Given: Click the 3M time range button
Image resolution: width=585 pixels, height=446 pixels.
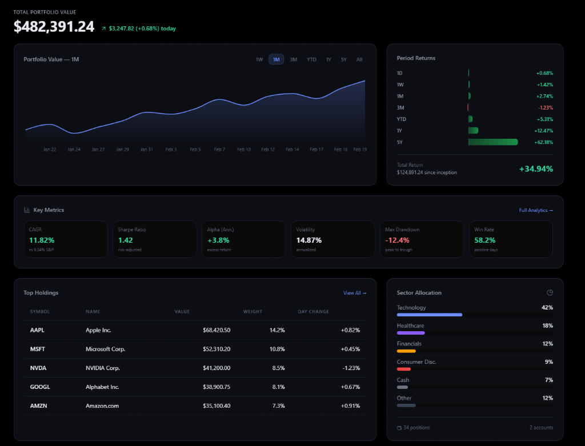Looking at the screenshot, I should pyautogui.click(x=293, y=59).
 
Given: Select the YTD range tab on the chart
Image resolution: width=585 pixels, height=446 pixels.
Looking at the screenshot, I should pyautogui.click(x=311, y=59).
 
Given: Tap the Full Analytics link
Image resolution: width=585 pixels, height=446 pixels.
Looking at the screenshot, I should pyautogui.click(x=536, y=210).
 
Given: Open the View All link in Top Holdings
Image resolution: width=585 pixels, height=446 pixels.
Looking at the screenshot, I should pyautogui.click(x=354, y=293).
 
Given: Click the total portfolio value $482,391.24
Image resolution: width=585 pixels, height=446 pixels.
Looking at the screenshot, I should pyautogui.click(x=54, y=26).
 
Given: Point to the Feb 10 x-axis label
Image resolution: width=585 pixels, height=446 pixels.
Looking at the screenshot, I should pyautogui.click(x=244, y=150).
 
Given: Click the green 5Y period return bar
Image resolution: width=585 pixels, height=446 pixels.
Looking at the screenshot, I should pyautogui.click(x=492, y=142).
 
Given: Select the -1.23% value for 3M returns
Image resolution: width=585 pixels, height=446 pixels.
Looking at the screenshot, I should pyautogui.click(x=545, y=108).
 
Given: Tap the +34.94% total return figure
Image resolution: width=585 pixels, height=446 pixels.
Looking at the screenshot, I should pyautogui.click(x=535, y=168).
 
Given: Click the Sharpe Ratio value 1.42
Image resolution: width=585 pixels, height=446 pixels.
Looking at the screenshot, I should pyautogui.click(x=125, y=240).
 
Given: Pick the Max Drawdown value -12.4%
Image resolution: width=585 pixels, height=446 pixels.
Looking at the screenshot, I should pyautogui.click(x=397, y=240).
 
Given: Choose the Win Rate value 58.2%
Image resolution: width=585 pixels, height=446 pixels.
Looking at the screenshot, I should pyautogui.click(x=485, y=240).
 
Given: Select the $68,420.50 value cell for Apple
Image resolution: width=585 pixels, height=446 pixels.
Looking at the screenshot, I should pyautogui.click(x=217, y=330).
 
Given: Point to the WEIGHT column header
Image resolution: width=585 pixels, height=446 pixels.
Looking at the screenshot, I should pyautogui.click(x=253, y=312).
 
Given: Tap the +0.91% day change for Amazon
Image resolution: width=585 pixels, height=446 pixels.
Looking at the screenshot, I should pyautogui.click(x=350, y=405).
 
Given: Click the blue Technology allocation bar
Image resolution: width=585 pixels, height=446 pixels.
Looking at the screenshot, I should pyautogui.click(x=429, y=315).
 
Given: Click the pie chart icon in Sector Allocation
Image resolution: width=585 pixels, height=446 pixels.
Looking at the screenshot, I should pyautogui.click(x=550, y=293).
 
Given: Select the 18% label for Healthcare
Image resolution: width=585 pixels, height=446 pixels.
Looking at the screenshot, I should pyautogui.click(x=547, y=326).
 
